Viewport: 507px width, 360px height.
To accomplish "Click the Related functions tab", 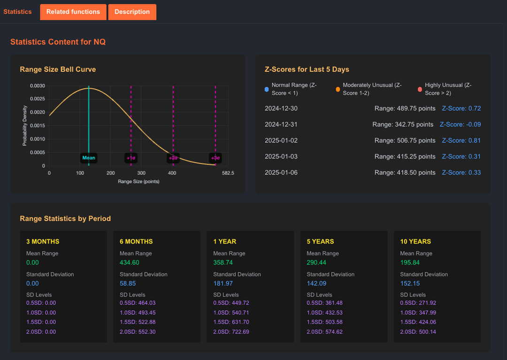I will pos(73,12).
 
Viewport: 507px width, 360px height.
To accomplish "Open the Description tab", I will pos(132,12).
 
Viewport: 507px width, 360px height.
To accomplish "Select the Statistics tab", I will pos(17,12).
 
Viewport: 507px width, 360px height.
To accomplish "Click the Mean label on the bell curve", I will pos(89,158).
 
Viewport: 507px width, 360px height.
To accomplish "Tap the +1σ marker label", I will pos(131,158).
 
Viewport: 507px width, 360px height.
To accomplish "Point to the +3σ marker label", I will pos(215,158).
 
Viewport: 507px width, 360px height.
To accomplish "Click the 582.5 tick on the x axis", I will pos(228,173).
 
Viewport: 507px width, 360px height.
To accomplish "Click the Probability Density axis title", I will pos(25,126).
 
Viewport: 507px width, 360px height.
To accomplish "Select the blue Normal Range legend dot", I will pos(267,89).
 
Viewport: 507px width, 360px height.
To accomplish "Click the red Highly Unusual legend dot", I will pos(420,89).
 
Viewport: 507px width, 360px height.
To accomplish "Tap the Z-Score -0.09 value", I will pos(460,124).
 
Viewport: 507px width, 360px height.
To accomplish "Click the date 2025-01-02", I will pos(281,140).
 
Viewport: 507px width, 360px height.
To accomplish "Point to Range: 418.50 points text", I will pos(405,172).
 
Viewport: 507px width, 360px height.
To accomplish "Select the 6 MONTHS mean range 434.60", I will pos(129,262).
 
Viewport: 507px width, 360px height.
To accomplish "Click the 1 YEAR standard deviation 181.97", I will pos(223,283).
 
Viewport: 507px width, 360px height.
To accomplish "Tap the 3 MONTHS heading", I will pos(43,241).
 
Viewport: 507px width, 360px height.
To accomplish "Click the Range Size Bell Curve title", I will pos(58,69).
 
